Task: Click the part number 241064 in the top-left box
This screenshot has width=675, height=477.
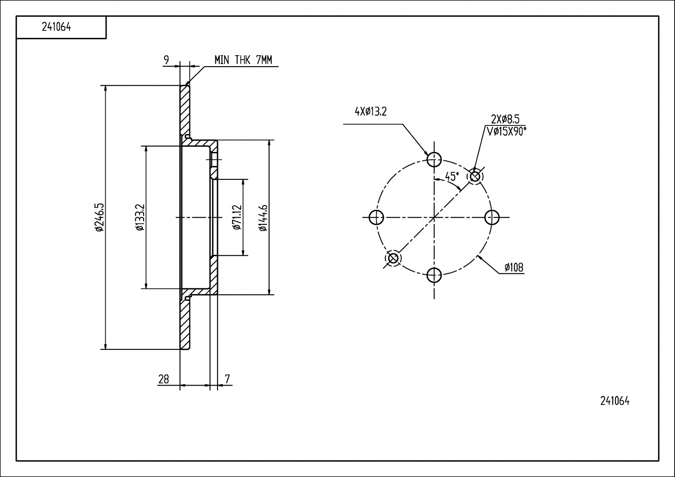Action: pyautogui.click(x=57, y=27)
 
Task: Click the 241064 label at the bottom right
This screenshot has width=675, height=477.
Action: pyautogui.click(x=614, y=401)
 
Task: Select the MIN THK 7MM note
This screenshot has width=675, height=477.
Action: pyautogui.click(x=243, y=60)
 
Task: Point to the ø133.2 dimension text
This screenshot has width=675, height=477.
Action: pyautogui.click(x=139, y=217)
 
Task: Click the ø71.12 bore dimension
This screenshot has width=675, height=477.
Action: pyautogui.click(x=236, y=217)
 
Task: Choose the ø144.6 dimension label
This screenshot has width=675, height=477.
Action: pyautogui.click(x=263, y=217)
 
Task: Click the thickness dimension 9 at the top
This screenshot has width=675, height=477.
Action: pyautogui.click(x=166, y=60)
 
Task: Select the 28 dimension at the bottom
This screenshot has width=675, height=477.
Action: pyautogui.click(x=164, y=379)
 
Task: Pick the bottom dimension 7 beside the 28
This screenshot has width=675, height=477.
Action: pyautogui.click(x=227, y=379)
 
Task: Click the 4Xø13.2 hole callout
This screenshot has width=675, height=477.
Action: pyautogui.click(x=370, y=112)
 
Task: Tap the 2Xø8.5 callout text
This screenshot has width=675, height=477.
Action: pyautogui.click(x=505, y=119)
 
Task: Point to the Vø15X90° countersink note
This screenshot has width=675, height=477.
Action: pyautogui.click(x=506, y=131)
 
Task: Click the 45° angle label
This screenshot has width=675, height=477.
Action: pyautogui.click(x=452, y=177)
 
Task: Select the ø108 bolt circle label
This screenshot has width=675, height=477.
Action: pyautogui.click(x=514, y=267)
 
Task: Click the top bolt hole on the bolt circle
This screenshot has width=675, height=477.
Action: pyautogui.click(x=434, y=159)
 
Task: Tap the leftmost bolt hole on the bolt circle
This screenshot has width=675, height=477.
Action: pyautogui.click(x=376, y=217)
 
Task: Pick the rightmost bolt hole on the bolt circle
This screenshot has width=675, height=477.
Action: pyautogui.click(x=492, y=217)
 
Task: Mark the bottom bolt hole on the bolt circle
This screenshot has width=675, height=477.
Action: pyautogui.click(x=434, y=275)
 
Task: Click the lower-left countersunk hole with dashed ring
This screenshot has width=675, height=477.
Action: pyautogui.click(x=393, y=258)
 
